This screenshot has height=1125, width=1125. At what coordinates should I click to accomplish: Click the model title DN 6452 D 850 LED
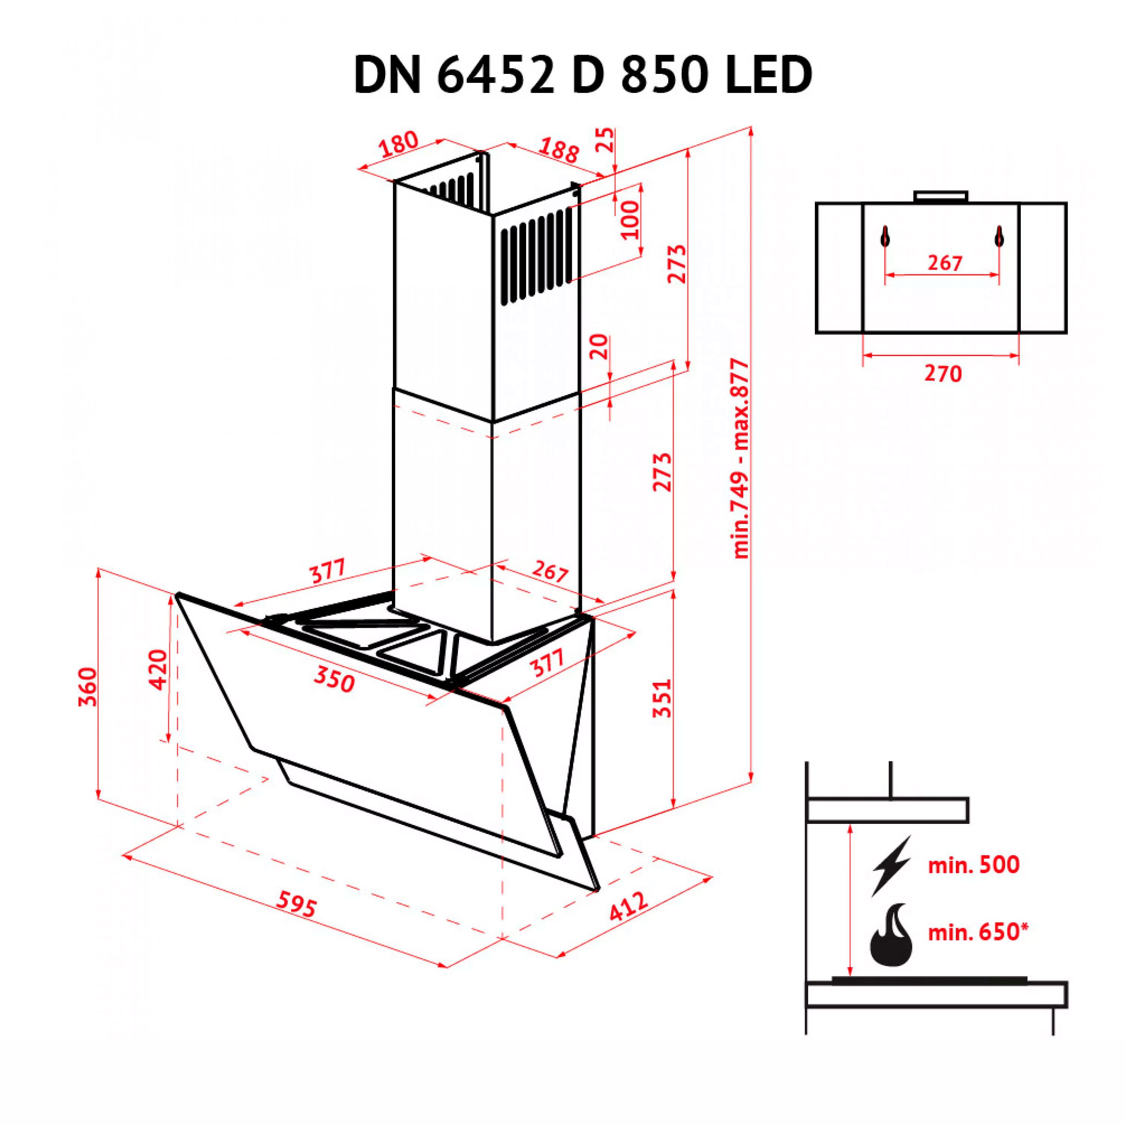pyautogui.click(x=583, y=75)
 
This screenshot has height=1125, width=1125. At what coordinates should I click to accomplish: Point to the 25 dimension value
pyautogui.click(x=606, y=140)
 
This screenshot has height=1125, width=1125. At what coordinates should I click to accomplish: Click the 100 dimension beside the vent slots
pyautogui.click(x=630, y=220)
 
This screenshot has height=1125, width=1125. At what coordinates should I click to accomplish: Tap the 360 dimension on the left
pyautogui.click(x=88, y=687)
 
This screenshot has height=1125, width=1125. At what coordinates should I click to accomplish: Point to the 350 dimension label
pyautogui.click(x=334, y=679)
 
